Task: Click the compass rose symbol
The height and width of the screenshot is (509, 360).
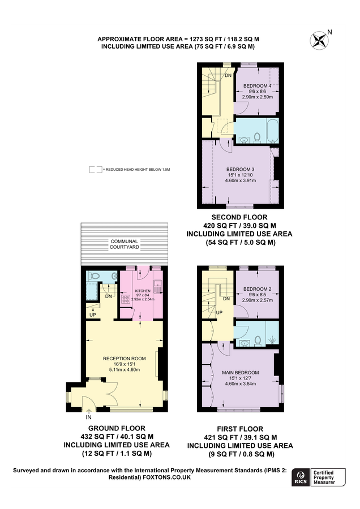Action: (x=319, y=40)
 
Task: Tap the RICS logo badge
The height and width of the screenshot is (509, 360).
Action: (x=301, y=477)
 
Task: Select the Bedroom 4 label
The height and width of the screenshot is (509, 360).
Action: (x=258, y=86)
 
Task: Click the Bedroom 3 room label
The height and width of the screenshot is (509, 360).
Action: (x=240, y=170)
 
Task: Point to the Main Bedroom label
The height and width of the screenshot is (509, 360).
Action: (x=241, y=373)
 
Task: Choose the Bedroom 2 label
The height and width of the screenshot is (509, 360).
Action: (x=258, y=289)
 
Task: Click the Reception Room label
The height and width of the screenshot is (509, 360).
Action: (x=124, y=359)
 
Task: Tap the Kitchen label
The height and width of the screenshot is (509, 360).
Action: (x=143, y=291)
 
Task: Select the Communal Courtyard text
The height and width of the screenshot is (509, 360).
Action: (x=124, y=244)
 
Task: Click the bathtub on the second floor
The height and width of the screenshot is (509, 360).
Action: (x=272, y=131)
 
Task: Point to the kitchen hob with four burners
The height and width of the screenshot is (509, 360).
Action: (x=126, y=299)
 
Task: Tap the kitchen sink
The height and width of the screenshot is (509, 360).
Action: (x=158, y=287)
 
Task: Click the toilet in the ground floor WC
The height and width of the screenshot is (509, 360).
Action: (x=93, y=276)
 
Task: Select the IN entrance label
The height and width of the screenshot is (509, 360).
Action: (x=89, y=417)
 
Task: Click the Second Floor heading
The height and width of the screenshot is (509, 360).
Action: (x=240, y=217)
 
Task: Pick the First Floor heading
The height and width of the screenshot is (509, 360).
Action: (x=240, y=429)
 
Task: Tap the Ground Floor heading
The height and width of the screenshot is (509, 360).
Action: (x=117, y=428)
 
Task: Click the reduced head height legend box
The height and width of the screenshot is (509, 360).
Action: (x=96, y=170)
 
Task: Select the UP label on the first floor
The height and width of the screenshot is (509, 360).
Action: (x=219, y=312)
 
